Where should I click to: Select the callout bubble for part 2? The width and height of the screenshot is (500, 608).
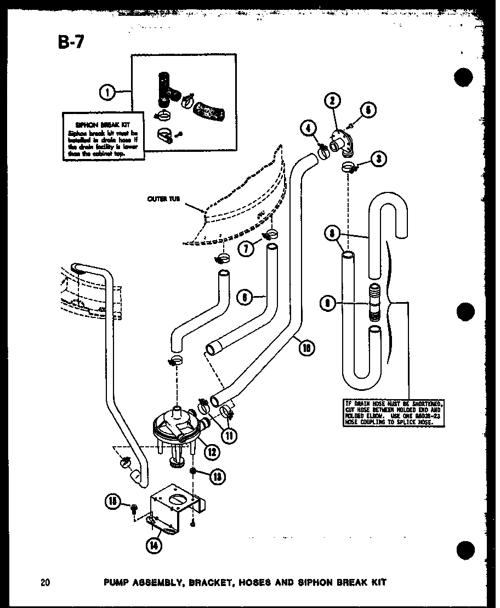pyautogui.click(x=333, y=100)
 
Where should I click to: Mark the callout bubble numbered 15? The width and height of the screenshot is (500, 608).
pyautogui.click(x=113, y=501)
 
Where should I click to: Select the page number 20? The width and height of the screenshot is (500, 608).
pyautogui.click(x=45, y=582)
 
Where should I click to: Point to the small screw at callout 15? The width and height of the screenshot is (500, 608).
pyautogui.click(x=133, y=509)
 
